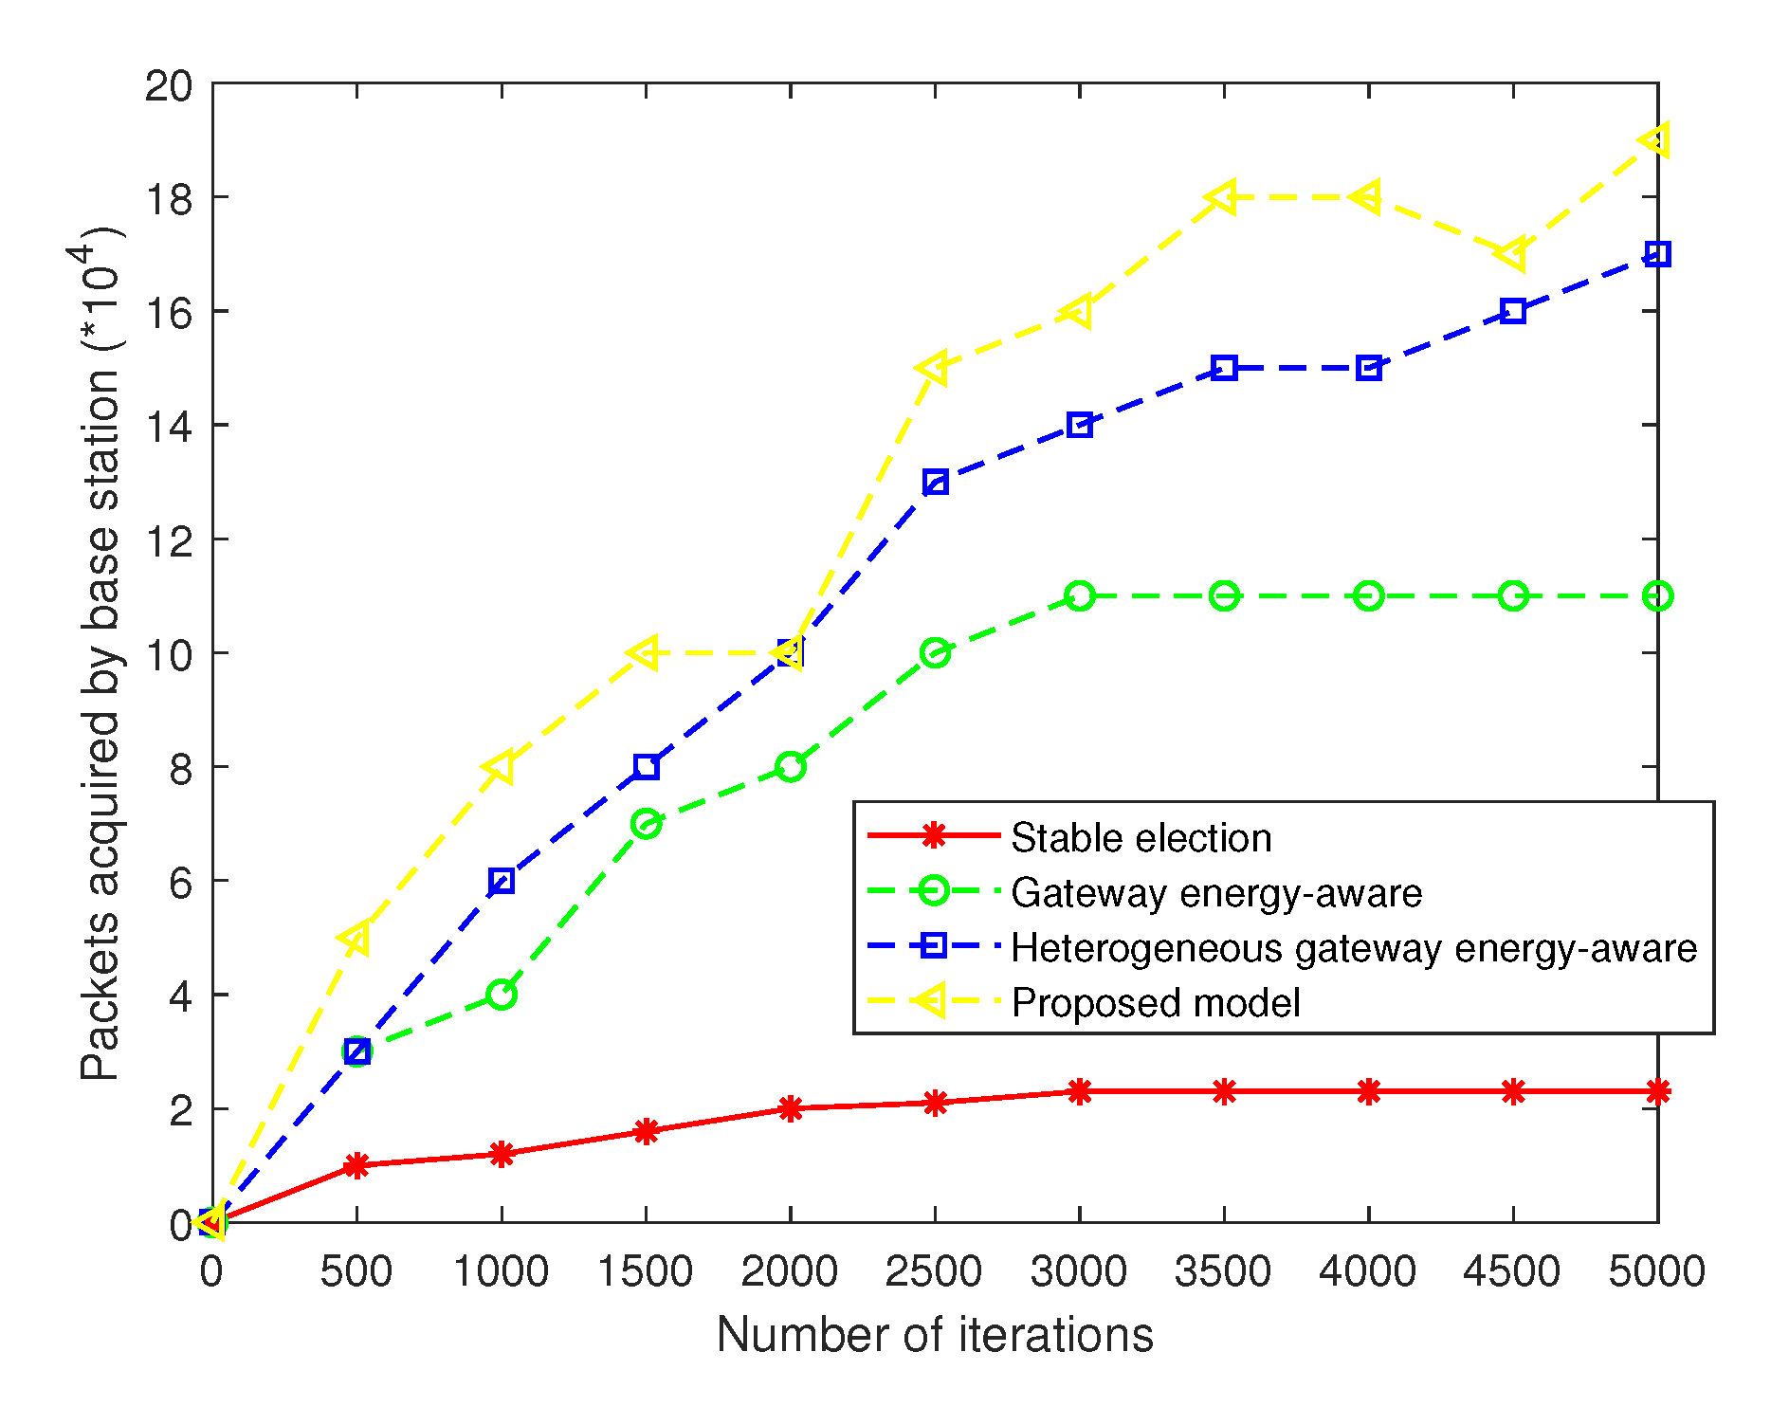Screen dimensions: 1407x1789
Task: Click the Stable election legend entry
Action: tap(1141, 838)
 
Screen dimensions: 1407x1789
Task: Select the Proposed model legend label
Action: tap(1155, 1003)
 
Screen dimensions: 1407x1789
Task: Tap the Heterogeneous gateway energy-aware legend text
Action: tap(1353, 948)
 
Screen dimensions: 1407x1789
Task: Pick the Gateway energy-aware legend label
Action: tap(1215, 893)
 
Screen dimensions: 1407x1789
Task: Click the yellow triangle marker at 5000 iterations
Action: tap(1655, 140)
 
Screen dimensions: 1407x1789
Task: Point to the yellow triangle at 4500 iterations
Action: tap(1511, 254)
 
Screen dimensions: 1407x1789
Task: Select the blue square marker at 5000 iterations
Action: tap(1657, 254)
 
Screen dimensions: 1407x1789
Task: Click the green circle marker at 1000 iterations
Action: tap(502, 995)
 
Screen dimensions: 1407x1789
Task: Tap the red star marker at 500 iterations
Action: tap(356, 1165)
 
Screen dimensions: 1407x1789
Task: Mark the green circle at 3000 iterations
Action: tap(1079, 596)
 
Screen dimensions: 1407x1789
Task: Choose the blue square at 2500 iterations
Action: tap(935, 483)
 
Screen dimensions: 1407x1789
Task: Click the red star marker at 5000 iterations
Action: tap(1657, 1091)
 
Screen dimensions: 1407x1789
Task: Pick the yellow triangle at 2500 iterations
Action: tap(933, 368)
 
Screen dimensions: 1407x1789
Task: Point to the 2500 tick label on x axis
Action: tap(934, 1271)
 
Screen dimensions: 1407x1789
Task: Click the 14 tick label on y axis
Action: tap(168, 427)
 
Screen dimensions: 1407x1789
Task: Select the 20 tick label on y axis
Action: tap(168, 85)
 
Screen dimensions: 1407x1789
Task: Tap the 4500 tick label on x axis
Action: tap(1511, 1271)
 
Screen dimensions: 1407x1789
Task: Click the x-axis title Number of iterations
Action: tap(934, 1335)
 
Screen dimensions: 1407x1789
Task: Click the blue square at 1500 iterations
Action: tap(647, 767)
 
